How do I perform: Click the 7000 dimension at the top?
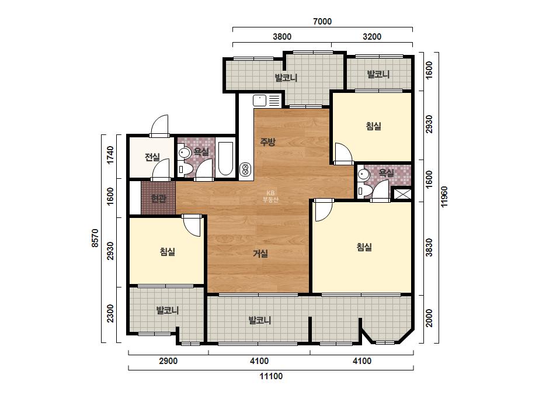[x=322, y=22]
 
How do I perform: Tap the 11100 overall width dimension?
[x=271, y=376]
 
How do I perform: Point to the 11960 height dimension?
[x=444, y=197]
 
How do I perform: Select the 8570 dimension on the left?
[x=95, y=238]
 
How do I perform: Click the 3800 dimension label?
[x=282, y=36]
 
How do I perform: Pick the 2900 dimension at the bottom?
[x=168, y=361]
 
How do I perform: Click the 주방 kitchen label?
[x=267, y=142]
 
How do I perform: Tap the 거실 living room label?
[x=260, y=254]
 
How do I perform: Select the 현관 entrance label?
[x=159, y=199]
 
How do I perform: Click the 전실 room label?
[x=152, y=157]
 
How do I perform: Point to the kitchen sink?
[x=259, y=101]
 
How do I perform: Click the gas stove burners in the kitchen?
[x=245, y=169]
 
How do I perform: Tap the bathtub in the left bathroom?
[x=225, y=158]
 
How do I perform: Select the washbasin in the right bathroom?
[x=363, y=175]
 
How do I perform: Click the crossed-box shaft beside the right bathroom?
[x=402, y=194]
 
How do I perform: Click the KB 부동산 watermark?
[x=270, y=196]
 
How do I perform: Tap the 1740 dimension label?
[x=110, y=155]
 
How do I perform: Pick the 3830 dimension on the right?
[x=429, y=247]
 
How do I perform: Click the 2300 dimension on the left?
[x=110, y=313]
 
